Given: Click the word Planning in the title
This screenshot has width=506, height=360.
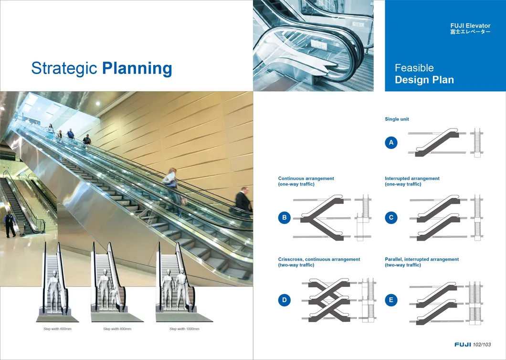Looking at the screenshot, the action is point(137,68).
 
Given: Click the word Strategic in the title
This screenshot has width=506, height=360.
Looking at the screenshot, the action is point(64,68).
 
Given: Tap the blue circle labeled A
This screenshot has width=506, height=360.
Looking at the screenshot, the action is point(391,142).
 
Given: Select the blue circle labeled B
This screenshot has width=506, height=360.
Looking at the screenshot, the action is point(285,218).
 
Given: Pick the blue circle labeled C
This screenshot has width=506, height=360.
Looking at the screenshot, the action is point(391,218).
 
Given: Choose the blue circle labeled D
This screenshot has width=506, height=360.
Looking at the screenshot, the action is point(285,300).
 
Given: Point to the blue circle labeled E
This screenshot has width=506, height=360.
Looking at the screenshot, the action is point(391,300).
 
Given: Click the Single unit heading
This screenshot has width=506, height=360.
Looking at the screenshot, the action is point(397,119).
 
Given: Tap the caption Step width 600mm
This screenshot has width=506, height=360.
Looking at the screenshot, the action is point(57,329).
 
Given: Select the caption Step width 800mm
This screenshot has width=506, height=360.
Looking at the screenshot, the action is point(117,329).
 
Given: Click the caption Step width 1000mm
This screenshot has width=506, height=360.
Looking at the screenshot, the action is point(184,329).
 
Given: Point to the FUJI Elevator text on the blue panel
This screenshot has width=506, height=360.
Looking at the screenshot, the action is point(471,25).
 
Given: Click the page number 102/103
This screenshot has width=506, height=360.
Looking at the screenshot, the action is point(482,345).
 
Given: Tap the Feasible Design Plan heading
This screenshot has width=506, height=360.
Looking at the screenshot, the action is point(424,74).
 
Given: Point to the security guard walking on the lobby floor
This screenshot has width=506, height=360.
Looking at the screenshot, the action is point(10,224).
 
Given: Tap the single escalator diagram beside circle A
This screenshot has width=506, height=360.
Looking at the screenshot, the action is point(437,143).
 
